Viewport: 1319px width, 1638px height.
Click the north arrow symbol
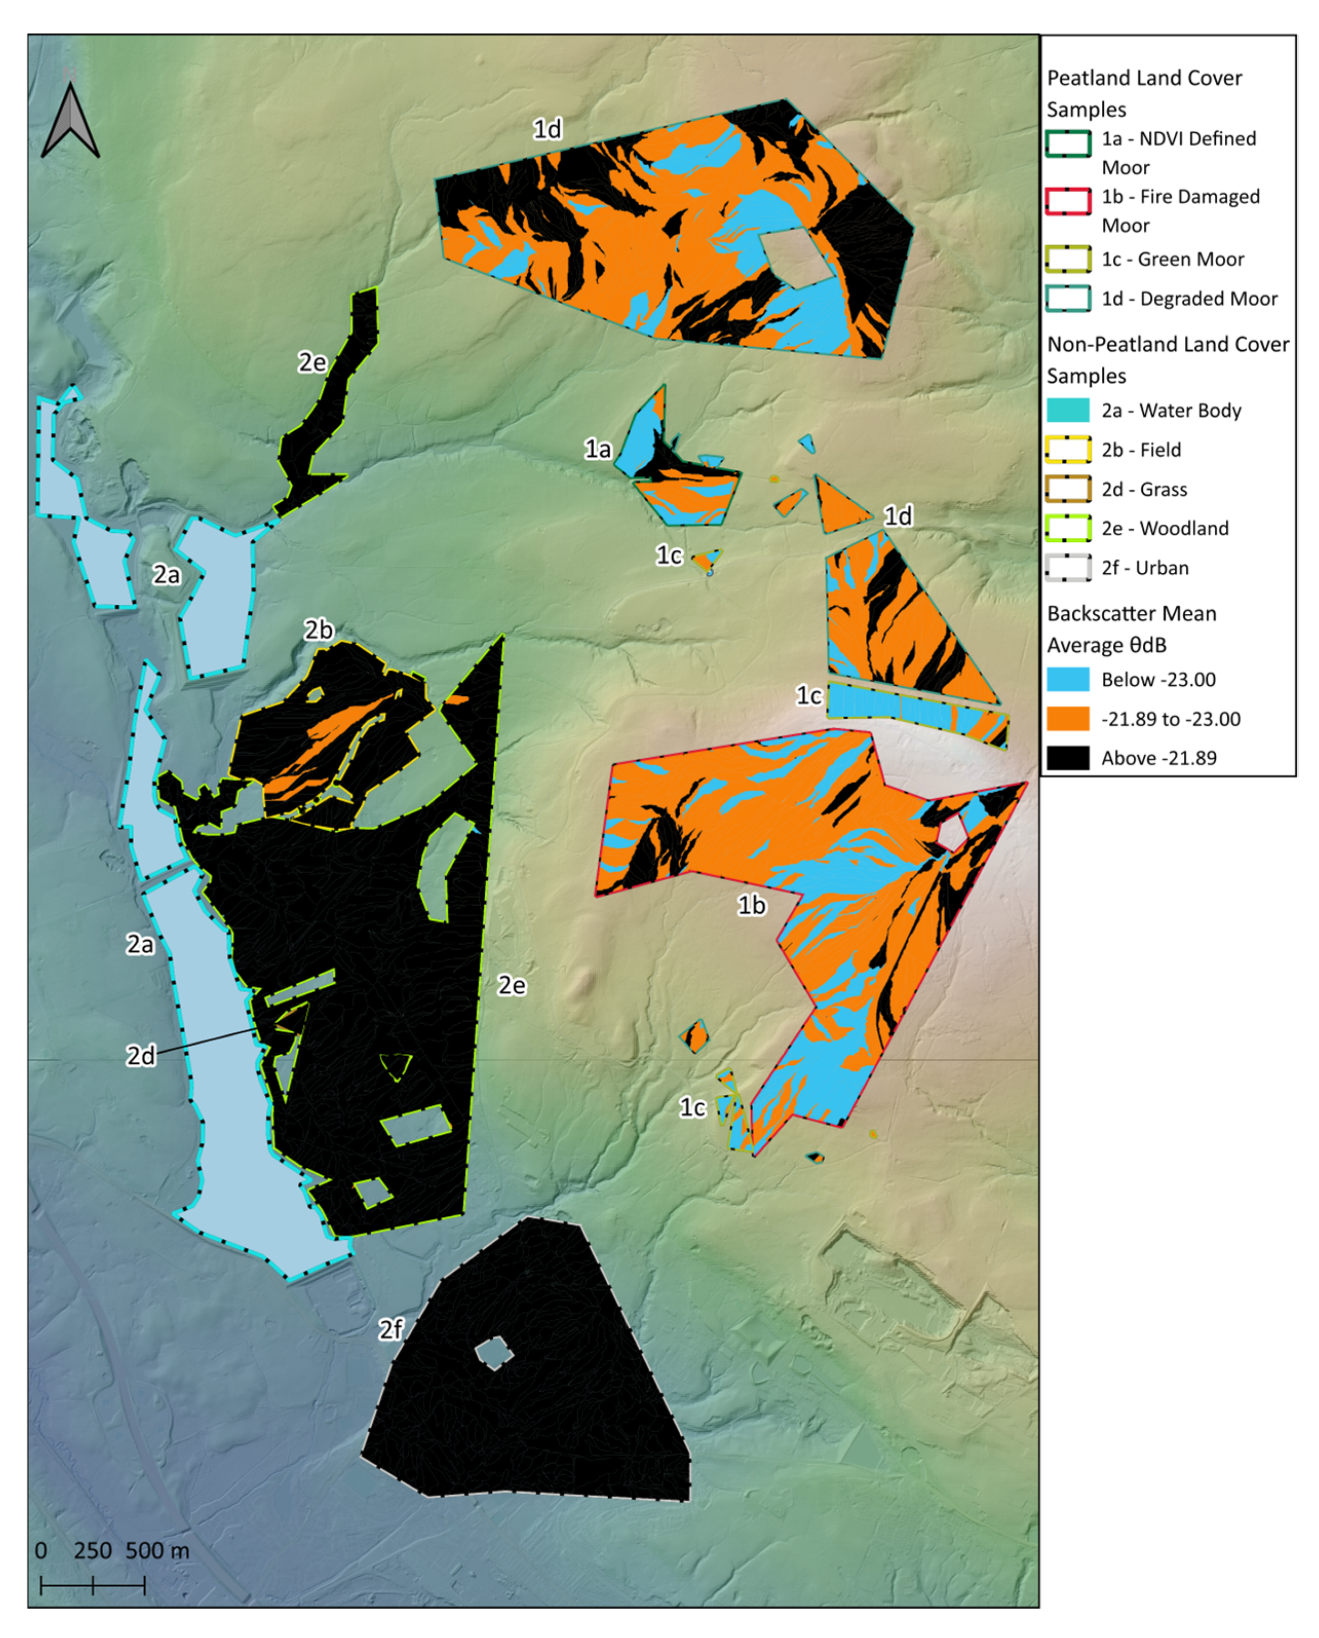point(70,122)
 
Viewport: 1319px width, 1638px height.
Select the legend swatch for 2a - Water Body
point(1067,411)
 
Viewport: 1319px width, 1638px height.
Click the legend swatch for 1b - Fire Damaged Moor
point(1067,202)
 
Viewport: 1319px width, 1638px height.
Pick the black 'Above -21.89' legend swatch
point(1067,758)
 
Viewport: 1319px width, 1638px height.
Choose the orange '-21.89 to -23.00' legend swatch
point(1067,718)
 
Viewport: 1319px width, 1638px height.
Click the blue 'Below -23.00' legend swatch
point(1067,679)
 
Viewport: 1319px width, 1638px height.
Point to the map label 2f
point(391,1329)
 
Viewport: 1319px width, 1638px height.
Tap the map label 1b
point(751,905)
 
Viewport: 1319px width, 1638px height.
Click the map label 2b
point(318,630)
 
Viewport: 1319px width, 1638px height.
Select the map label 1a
point(597,449)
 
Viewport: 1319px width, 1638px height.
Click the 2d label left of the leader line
point(140,1055)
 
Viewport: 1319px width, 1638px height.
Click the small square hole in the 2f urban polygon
point(494,1354)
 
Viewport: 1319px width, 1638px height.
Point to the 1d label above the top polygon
point(547,129)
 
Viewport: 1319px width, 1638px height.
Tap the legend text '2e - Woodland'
point(1164,529)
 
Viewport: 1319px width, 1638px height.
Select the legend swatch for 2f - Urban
point(1067,568)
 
